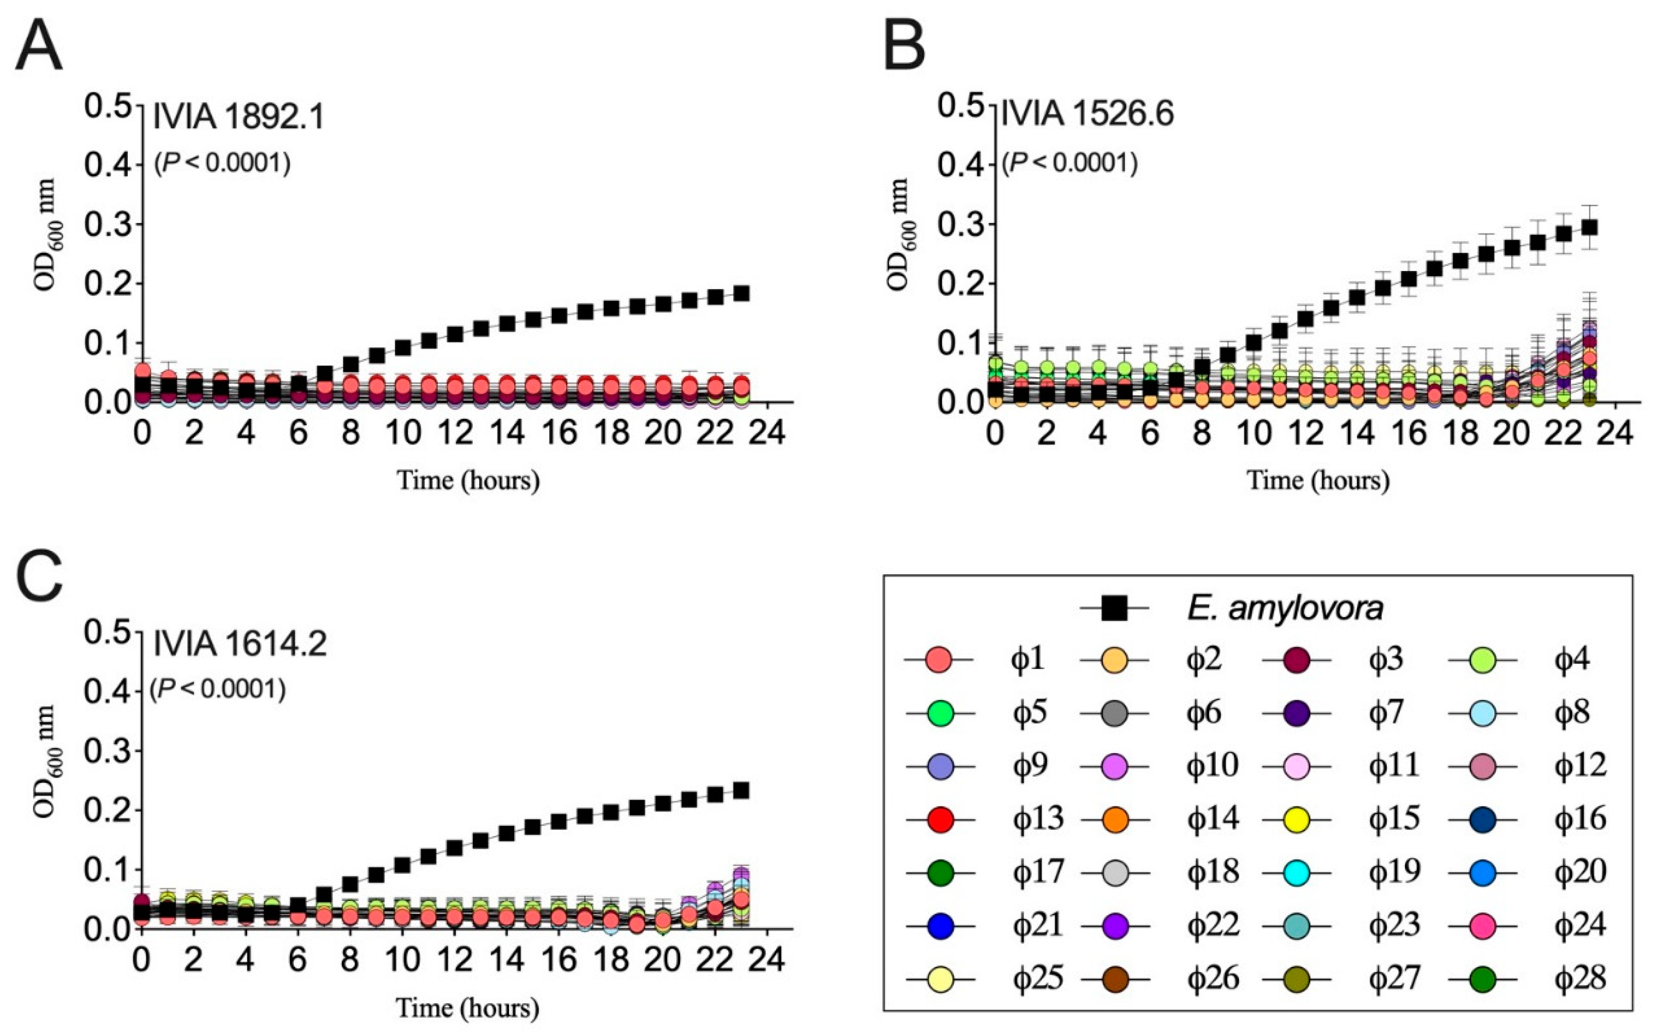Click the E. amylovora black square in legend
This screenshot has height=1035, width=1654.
(1114, 608)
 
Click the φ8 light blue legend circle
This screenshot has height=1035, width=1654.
(1482, 713)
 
